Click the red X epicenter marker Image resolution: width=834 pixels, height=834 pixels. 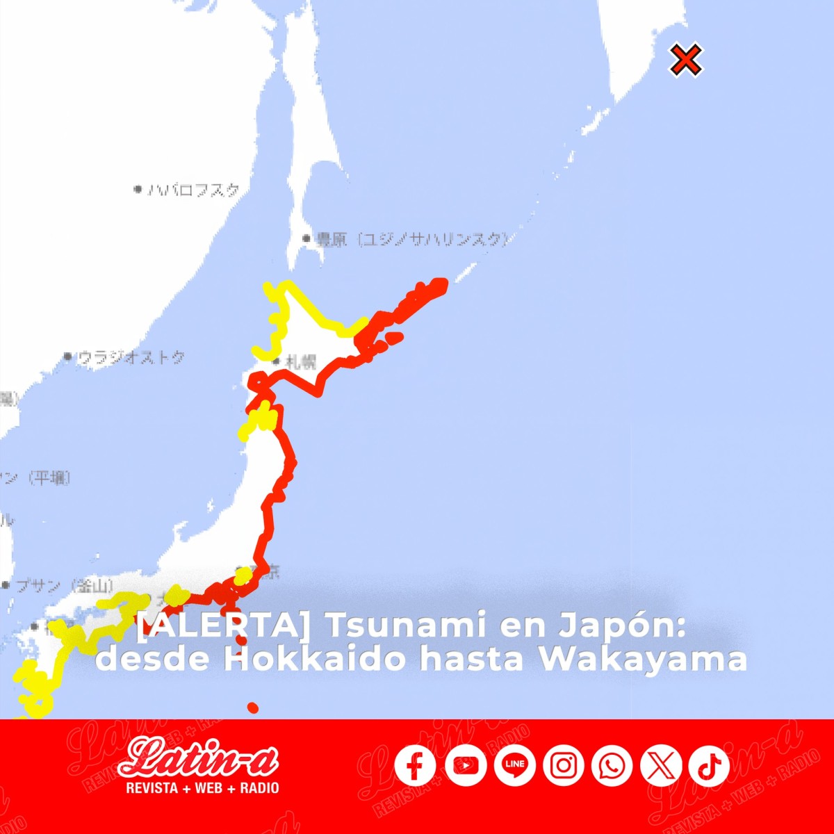686,60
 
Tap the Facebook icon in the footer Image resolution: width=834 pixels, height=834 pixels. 415,766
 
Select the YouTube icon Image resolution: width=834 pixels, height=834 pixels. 466,766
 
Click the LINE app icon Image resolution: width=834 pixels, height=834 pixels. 515,765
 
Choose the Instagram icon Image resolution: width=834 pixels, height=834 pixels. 564,766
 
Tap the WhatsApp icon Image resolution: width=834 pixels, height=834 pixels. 612,766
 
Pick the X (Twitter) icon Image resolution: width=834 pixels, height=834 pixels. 660,766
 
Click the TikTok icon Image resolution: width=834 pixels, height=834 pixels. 709,766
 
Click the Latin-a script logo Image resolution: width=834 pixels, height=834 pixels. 199,758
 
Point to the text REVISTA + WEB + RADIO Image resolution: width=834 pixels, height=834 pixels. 202,787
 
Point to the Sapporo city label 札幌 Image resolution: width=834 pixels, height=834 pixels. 300,362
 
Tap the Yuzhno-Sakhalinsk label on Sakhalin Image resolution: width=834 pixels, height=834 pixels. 410,240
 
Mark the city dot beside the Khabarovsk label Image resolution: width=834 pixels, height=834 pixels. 138,189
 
